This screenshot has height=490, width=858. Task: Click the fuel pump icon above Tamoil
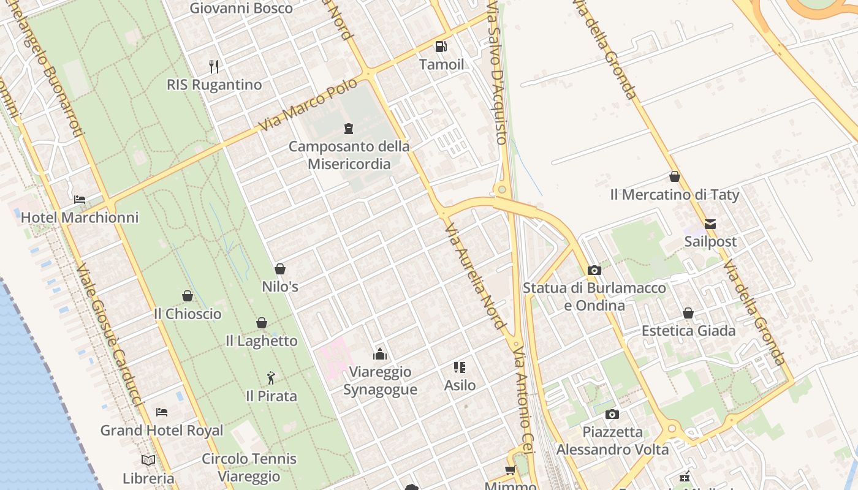pos(441,47)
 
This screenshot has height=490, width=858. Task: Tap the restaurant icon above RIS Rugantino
pos(214,66)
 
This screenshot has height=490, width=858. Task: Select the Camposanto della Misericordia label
pos(349,155)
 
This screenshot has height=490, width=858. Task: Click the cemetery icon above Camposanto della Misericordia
pos(349,129)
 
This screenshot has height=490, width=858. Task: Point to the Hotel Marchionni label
pos(80,217)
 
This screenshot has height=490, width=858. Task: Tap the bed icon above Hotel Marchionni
pos(80,199)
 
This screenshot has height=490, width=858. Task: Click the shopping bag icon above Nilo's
pos(280,269)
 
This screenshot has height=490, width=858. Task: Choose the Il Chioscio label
pos(188,314)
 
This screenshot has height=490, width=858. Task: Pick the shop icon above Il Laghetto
pos(262,323)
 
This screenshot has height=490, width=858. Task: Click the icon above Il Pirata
pos(271,379)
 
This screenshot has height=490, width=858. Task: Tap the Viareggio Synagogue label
pos(380,380)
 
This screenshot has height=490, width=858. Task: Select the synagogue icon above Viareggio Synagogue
pos(380,354)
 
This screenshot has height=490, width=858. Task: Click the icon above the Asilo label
pos(460,367)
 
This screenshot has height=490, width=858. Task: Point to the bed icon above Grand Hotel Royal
pos(162,412)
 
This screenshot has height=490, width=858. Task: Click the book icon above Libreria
pos(148,460)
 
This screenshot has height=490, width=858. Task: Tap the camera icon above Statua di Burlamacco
pos(594,270)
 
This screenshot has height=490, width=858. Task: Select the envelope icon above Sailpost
pos(710,224)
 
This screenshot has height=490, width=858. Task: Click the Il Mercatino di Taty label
pos(675,195)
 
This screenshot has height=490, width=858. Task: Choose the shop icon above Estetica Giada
pos(688,313)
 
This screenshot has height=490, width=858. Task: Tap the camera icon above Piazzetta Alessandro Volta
pos(612,415)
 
